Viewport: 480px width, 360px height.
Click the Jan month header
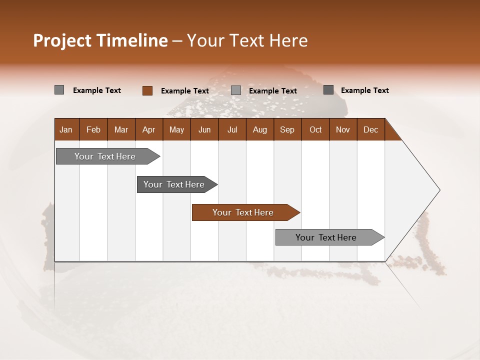(x=66, y=130)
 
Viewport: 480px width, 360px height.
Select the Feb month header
(x=93, y=130)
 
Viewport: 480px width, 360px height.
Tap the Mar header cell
(x=121, y=130)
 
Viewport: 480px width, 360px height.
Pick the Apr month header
(x=149, y=130)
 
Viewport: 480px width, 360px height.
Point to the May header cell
(x=176, y=130)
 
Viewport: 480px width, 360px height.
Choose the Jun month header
(x=204, y=130)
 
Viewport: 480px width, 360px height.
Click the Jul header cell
(x=232, y=130)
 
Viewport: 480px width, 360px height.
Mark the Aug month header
(x=260, y=130)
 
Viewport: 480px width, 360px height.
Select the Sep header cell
(x=287, y=130)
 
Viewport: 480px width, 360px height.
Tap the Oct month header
(x=315, y=130)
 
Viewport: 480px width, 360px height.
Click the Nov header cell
(x=343, y=130)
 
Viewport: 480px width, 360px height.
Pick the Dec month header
(x=370, y=130)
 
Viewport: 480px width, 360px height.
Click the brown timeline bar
(x=243, y=212)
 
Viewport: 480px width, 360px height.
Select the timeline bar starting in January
(x=105, y=156)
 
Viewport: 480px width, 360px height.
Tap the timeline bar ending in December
(x=326, y=237)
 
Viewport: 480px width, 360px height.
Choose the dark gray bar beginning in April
(x=174, y=184)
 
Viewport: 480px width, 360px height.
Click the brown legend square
(x=147, y=90)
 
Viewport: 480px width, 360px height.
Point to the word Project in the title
(x=62, y=40)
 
